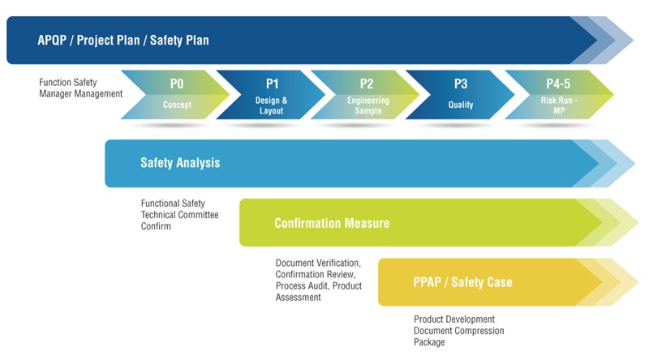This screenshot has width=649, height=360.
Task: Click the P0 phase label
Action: tap(177, 84)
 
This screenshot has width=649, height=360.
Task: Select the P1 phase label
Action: tap(272, 84)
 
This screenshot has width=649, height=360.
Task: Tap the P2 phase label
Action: tap(367, 84)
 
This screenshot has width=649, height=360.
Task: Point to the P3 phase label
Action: tap(461, 84)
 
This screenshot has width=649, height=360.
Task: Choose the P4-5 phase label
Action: tap(558, 84)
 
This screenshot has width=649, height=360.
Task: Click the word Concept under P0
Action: tap(177, 105)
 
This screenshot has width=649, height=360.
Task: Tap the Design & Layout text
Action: tap(271, 105)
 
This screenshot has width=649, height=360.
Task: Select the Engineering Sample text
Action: tap(368, 105)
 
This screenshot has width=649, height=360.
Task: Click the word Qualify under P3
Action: tap(461, 105)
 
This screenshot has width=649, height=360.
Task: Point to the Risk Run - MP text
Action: tap(559, 105)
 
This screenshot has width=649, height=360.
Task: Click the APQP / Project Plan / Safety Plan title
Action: tap(123, 41)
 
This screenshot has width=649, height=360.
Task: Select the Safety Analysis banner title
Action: tap(180, 163)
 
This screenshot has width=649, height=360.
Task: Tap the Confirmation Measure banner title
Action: tap(332, 224)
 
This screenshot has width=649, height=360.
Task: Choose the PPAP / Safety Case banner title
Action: tap(462, 282)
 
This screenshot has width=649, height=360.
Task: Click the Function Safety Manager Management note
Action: tap(80, 88)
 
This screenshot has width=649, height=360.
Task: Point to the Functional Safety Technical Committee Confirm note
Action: tap(179, 215)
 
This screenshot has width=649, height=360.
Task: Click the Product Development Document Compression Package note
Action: tap(458, 331)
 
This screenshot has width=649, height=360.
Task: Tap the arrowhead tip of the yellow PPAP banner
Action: tap(638, 282)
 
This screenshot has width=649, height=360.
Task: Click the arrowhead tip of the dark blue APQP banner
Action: tap(634, 41)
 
